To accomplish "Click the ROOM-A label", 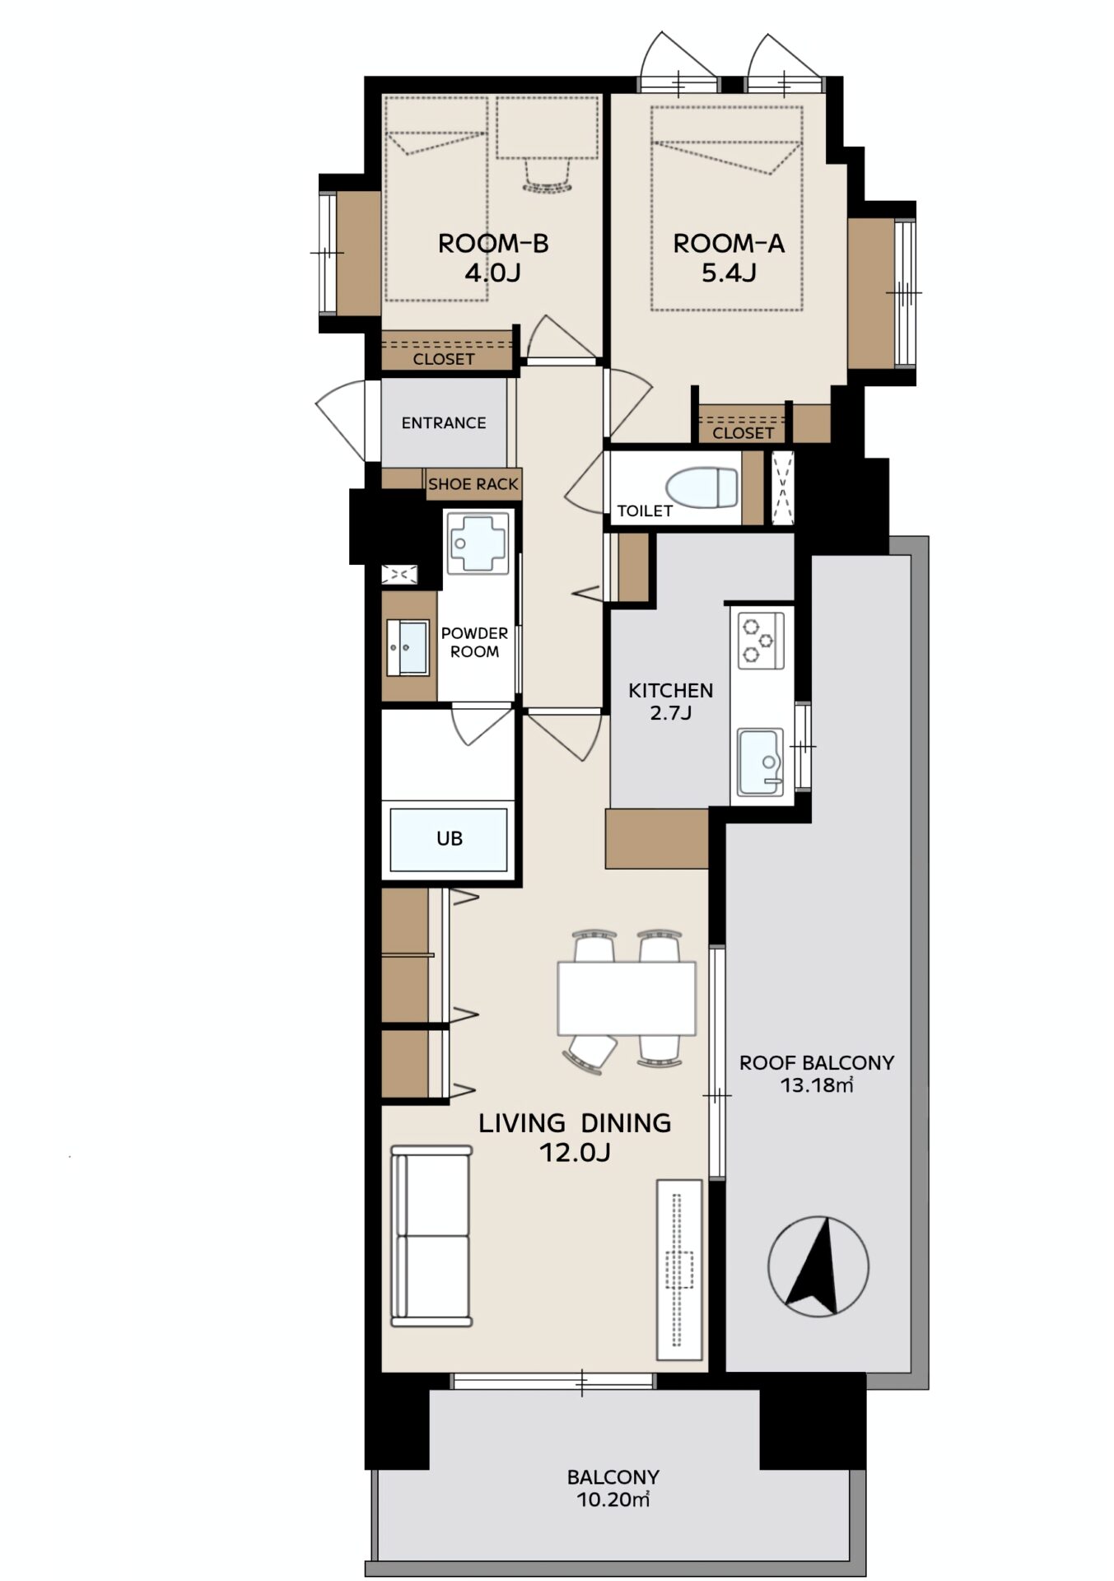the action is point(729,244).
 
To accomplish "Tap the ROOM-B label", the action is point(493,244).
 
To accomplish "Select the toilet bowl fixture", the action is point(701,487).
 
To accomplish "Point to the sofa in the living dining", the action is point(431,1235).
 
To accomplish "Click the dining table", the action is point(627,998).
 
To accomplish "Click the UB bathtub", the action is point(449,839).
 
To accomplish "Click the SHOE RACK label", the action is point(473,484).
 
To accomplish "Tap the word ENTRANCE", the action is point(444,422).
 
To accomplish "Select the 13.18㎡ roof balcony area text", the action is point(817,1085).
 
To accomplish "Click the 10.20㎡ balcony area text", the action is point(613,1500).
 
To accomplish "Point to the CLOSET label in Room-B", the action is point(444,359).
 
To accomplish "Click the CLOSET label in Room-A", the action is point(743,433).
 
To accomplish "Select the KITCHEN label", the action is point(671,690).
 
